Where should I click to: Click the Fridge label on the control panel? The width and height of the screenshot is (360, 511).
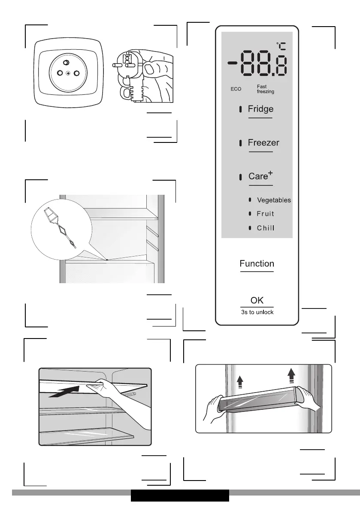pos(260,109)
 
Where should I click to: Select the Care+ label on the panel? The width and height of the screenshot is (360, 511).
pos(261,176)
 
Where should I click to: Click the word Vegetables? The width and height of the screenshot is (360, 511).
pos(274,200)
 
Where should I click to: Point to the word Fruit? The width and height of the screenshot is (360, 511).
pos(265,214)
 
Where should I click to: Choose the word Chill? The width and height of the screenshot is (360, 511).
pos(265,228)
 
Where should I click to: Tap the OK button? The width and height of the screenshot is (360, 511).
pos(257,300)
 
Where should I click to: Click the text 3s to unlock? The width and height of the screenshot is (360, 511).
pos(257,312)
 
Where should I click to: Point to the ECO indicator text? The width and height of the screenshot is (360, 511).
pos(236,89)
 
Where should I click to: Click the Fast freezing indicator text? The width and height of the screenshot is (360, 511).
pos(265,89)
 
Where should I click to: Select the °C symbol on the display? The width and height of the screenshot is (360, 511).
pos(281,45)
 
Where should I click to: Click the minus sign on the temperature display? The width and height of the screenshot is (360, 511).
pos(233,63)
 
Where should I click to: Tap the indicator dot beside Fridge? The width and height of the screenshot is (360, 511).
pos(241,109)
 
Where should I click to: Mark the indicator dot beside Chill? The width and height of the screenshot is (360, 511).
pos(250,228)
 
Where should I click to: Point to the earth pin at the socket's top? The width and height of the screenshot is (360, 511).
pos(67,63)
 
